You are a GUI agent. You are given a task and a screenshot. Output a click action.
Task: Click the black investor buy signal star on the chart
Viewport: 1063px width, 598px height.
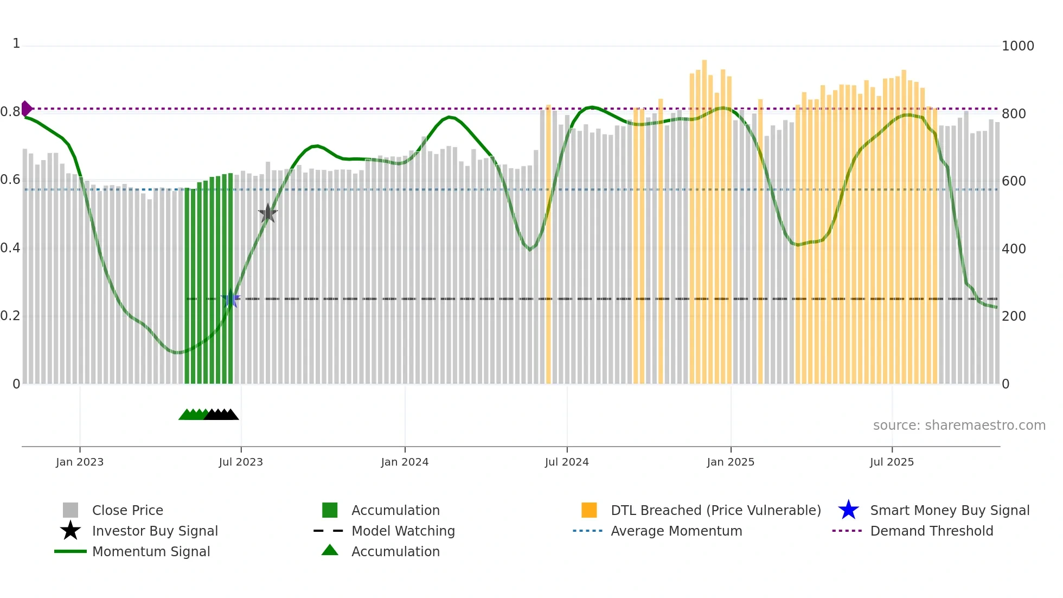pos(267,214)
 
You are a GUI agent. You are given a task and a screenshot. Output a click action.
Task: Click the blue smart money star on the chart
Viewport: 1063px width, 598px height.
pos(230,298)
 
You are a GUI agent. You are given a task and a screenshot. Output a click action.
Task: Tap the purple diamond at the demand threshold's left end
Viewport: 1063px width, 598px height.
pos(26,109)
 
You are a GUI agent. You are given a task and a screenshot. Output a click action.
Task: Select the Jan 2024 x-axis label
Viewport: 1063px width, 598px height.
pos(405,462)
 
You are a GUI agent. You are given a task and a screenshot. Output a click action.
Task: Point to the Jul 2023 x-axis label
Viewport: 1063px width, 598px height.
pos(241,462)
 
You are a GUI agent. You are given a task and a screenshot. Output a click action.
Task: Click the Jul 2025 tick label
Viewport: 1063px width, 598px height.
pos(892,462)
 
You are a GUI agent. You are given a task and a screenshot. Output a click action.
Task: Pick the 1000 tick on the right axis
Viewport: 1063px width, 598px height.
pos(1017,46)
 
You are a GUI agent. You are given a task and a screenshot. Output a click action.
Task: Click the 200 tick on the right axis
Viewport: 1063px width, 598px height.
pos(1014,316)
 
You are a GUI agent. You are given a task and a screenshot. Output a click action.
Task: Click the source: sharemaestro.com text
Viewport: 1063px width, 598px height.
pos(959,425)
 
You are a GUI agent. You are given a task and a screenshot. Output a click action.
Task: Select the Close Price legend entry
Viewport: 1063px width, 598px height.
pos(127,510)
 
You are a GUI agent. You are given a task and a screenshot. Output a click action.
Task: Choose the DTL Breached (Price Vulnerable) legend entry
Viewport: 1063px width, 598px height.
pos(715,510)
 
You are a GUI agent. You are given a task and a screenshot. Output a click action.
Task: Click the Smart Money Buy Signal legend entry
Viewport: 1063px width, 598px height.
pos(949,510)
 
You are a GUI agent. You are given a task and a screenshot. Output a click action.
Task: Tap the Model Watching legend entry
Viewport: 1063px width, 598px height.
pos(403,531)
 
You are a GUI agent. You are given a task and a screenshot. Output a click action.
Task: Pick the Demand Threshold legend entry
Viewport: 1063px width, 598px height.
pos(931,531)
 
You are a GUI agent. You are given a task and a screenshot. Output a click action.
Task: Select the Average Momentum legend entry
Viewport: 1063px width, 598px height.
pos(676,531)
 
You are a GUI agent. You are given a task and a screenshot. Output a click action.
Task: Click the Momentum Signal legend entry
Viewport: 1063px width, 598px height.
pos(151,551)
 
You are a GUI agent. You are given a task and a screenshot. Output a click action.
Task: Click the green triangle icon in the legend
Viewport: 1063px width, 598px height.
pos(330,550)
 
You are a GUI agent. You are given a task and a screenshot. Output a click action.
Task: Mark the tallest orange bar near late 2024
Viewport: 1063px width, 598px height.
pos(705,217)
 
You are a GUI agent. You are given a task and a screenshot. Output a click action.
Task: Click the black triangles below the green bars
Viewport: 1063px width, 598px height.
pos(221,415)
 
